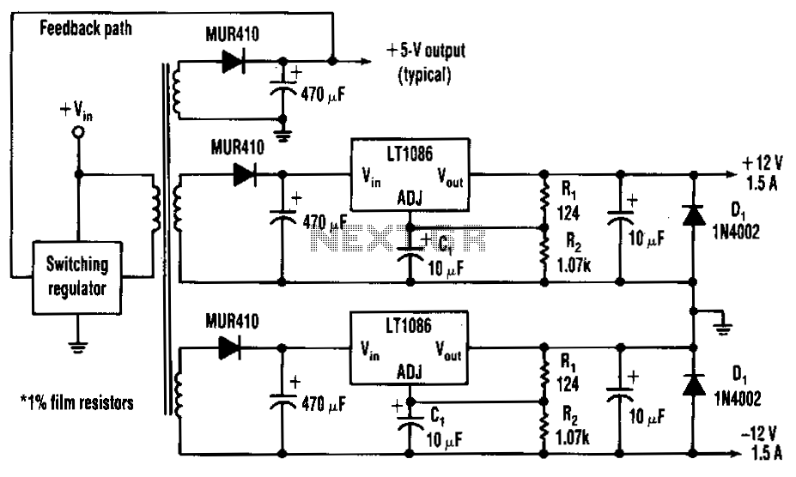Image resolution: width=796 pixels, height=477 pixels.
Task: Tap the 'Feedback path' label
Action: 85,27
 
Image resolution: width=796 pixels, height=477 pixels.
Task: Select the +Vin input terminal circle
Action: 78,132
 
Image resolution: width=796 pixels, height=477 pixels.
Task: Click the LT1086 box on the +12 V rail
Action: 408,174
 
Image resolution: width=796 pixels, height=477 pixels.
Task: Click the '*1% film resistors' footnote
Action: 77,402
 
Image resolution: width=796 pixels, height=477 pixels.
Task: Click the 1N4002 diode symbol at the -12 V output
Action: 693,383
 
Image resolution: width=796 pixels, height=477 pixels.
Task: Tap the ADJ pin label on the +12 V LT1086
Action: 408,199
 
